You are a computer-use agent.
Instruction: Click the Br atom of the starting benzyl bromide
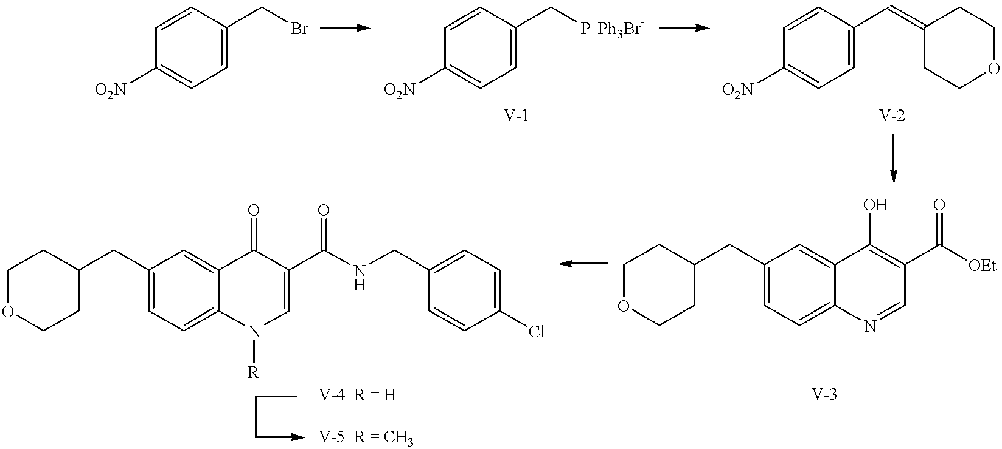tap(299, 29)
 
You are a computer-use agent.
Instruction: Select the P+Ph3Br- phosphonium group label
tap(612, 30)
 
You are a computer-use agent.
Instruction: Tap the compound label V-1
tap(517, 115)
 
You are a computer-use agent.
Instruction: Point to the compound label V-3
tap(824, 394)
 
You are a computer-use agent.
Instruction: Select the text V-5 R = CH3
tap(366, 438)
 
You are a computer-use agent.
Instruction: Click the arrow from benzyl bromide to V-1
tap(346, 28)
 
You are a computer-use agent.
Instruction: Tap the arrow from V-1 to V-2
tap(684, 28)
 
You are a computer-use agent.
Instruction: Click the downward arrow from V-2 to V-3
tap(893, 158)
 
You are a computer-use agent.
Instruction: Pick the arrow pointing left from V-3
tap(582, 264)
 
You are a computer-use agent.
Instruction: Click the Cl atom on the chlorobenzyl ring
tap(537, 332)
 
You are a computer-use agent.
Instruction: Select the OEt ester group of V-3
tap(983, 266)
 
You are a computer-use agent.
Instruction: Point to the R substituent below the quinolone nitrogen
tap(253, 372)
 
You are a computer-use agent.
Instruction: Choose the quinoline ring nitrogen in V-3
tap(869, 327)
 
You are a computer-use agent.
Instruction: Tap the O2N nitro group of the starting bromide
tap(111, 91)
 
